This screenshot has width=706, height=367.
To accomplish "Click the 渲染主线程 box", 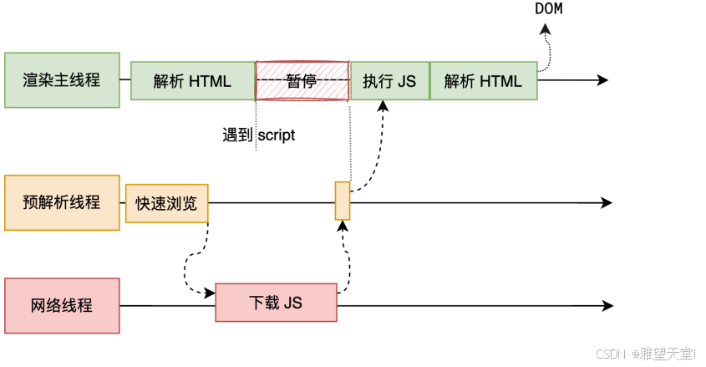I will click(x=63, y=80).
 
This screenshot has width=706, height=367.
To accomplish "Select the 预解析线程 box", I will click(x=63, y=202).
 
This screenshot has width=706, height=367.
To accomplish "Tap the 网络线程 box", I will click(x=63, y=305).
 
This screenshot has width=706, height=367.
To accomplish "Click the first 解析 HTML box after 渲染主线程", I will click(x=192, y=80).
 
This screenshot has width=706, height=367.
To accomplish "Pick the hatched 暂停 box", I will click(x=302, y=80).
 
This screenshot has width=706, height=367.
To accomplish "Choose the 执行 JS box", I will click(x=389, y=80).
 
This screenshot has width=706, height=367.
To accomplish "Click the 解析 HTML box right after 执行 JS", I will click(x=483, y=80).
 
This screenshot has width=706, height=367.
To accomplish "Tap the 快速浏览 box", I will click(x=167, y=203).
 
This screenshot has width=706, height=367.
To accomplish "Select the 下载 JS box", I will click(x=276, y=302).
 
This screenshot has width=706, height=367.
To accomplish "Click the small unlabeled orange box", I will click(x=343, y=201).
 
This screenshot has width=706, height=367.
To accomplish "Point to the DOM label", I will click(x=548, y=9).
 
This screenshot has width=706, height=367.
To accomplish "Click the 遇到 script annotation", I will click(x=259, y=135).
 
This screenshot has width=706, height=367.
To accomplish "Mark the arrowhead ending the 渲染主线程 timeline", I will click(x=602, y=80).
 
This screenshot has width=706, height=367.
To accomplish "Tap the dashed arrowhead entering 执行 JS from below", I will click(x=383, y=105).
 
